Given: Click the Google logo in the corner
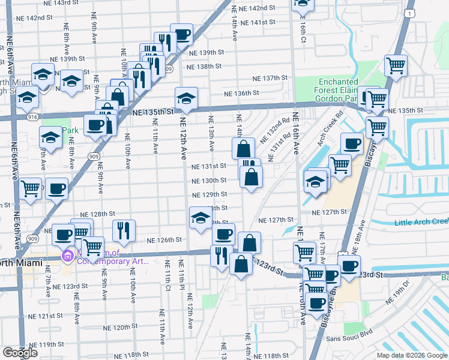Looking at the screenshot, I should tap(20, 353).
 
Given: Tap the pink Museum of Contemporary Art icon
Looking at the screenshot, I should tap(68, 256).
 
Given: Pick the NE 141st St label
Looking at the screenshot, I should tap(257, 22).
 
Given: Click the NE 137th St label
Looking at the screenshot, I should tap(271, 79).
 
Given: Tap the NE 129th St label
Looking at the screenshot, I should tap(209, 194).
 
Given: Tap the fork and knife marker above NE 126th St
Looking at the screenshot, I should tap(123, 229).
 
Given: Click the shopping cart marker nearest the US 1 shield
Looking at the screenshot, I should tap(396, 64).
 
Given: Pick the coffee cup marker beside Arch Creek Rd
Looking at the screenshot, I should tap(352, 143).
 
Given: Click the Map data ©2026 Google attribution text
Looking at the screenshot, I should tap(411, 355).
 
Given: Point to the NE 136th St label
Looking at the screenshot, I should tap(241, 93).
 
